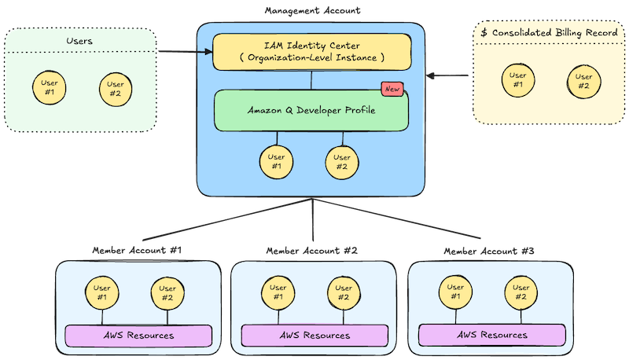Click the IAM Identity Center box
[x=311, y=52]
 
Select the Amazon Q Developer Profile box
[x=311, y=111]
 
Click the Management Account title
[x=311, y=9]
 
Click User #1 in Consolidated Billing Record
[x=518, y=80]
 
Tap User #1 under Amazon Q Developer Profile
[x=277, y=161]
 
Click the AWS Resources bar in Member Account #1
[x=139, y=336]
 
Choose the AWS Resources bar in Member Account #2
[x=314, y=336]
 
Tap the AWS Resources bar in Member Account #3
[x=492, y=336]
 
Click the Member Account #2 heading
[x=312, y=250]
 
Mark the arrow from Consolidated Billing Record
[x=448, y=76]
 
